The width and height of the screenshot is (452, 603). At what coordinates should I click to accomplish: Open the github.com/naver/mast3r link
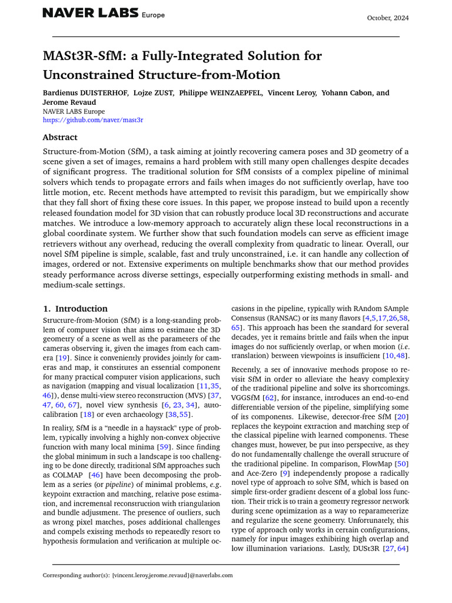(92, 120)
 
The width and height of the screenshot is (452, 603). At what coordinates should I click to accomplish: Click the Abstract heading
(59, 137)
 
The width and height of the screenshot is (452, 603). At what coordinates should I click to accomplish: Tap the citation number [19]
(61, 357)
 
